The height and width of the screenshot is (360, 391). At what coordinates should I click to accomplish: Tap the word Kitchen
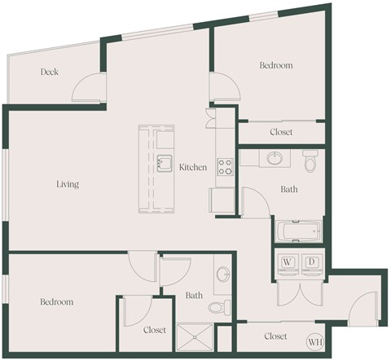click(x=193, y=168)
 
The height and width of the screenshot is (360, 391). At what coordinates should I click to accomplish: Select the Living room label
click(x=68, y=184)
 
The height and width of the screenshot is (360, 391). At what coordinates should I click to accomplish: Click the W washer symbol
click(x=288, y=262)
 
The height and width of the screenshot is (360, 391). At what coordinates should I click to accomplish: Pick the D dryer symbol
click(x=312, y=262)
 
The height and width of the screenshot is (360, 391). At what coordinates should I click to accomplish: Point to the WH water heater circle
click(x=315, y=342)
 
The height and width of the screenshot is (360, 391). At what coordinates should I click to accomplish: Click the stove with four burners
click(x=224, y=166)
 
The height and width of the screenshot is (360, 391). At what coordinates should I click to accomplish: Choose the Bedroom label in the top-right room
click(x=275, y=65)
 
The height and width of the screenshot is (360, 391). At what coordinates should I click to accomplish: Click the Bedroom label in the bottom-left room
click(x=57, y=301)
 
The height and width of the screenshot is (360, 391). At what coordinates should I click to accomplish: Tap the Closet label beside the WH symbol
click(x=276, y=336)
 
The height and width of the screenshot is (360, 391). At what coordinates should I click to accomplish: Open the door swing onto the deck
click(x=88, y=90)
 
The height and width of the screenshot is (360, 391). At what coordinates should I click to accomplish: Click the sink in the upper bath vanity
click(x=273, y=157)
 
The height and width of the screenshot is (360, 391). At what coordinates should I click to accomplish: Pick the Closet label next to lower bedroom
click(x=155, y=330)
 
